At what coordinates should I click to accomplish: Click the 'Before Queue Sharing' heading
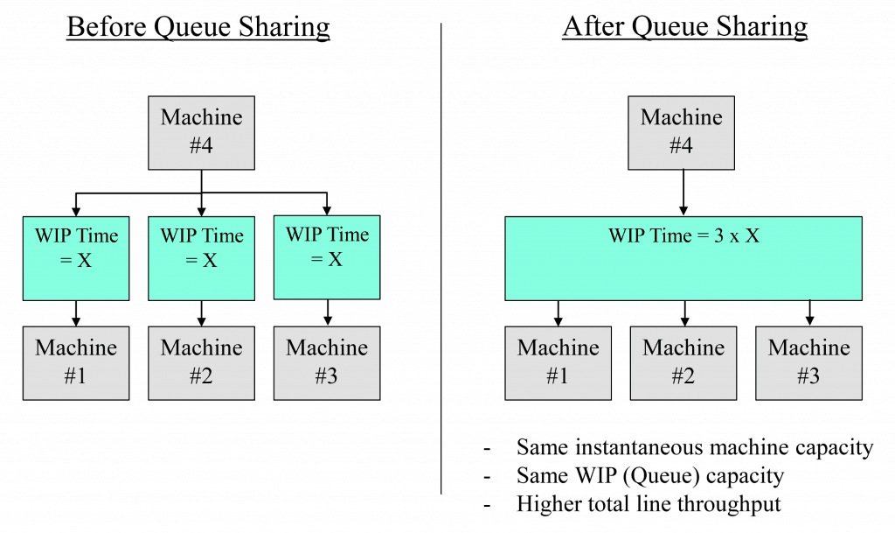[x=198, y=26]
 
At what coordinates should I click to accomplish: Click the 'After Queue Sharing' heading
[x=684, y=26]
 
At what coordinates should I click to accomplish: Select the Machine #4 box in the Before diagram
[x=201, y=132]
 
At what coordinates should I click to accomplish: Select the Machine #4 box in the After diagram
[x=682, y=132]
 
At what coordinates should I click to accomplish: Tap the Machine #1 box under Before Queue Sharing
[x=76, y=362]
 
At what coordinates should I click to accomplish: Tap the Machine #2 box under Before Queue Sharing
[x=201, y=362]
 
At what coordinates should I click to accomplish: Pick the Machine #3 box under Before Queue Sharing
[x=327, y=362]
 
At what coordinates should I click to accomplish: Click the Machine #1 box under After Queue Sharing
[x=558, y=362]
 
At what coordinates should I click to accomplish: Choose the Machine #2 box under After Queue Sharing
[x=683, y=362]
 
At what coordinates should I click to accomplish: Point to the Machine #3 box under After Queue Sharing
[x=808, y=362]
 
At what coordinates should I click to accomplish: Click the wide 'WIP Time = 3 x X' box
[x=683, y=258]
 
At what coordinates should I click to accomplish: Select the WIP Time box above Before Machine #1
[x=76, y=258]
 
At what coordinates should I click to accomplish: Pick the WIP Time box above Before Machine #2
[x=201, y=258]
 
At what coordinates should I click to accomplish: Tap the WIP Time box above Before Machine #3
[x=327, y=256]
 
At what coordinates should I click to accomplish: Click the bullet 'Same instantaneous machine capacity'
[x=694, y=447]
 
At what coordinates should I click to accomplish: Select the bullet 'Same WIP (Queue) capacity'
[x=649, y=476]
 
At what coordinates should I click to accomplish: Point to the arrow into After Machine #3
[x=809, y=312]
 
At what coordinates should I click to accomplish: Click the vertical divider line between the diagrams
[x=441, y=263]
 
